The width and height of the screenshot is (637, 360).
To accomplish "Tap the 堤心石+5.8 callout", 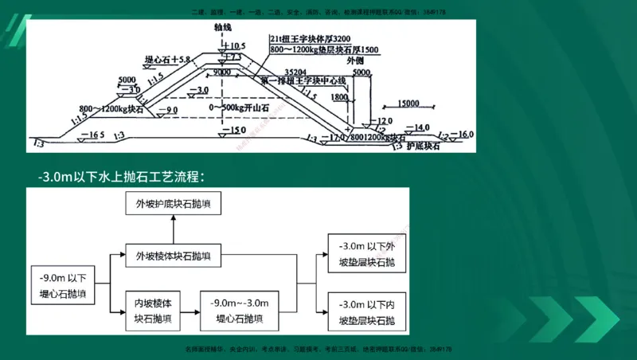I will tap(168, 60).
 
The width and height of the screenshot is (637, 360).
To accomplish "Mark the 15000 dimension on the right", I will tap(411, 104).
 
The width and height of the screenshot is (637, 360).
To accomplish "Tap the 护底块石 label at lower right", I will tap(424, 147).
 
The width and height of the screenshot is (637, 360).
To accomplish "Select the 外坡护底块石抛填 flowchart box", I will tap(173, 206).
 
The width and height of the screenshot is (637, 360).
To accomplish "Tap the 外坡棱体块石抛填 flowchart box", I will tap(173, 256).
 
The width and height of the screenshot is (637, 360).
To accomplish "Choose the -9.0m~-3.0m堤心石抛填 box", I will tap(240, 311).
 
